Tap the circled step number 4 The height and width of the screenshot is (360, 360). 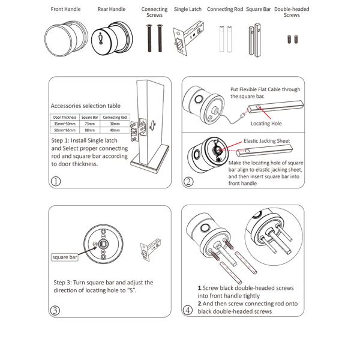point(188,310)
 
